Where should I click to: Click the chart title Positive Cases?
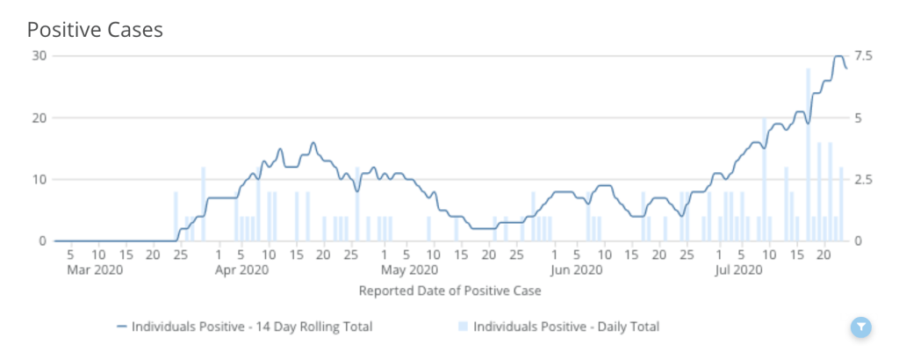click(x=95, y=29)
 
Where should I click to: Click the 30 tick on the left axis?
click(x=38, y=55)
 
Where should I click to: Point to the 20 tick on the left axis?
click(x=38, y=118)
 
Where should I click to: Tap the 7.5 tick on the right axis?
click(x=862, y=55)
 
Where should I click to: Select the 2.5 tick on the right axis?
click(x=862, y=179)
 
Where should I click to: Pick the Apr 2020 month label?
click(x=241, y=270)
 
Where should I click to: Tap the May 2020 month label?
click(x=410, y=270)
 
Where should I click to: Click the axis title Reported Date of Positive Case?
click(x=449, y=290)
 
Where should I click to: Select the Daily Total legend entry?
click(x=558, y=327)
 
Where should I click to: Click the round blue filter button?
click(x=861, y=328)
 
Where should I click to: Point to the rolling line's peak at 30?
click(x=838, y=56)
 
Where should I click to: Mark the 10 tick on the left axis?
click(x=38, y=179)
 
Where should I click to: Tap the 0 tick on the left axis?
click(x=41, y=241)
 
